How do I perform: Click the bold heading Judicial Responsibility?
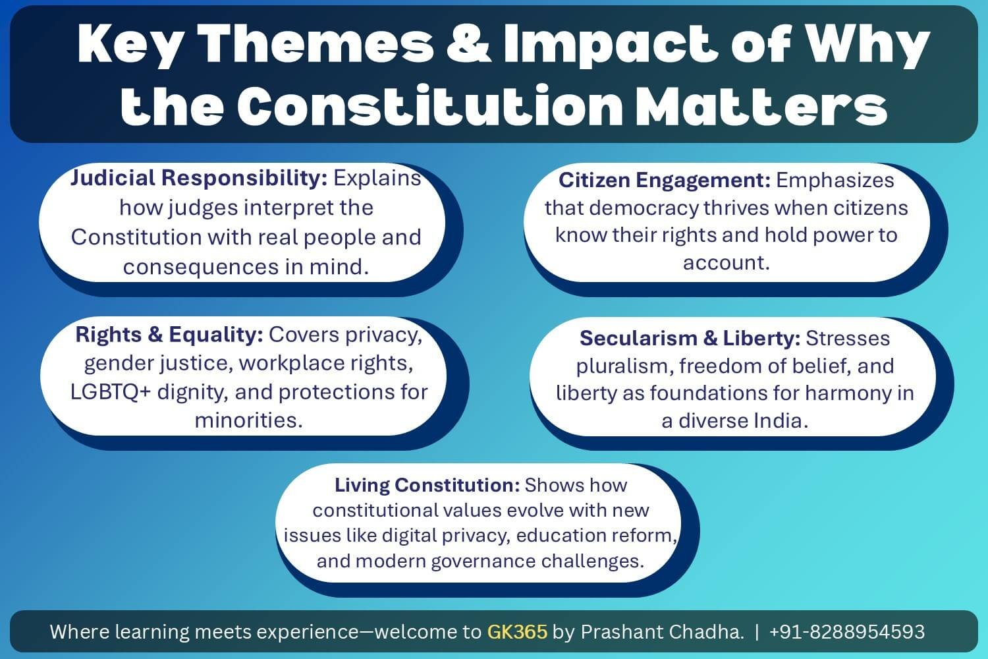[x=199, y=178]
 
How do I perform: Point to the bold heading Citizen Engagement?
[x=664, y=180]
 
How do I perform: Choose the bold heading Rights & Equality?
[x=169, y=335]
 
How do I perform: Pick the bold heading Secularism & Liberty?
[x=690, y=338]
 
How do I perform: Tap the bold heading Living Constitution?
[x=427, y=485]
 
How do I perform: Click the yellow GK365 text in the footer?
[x=517, y=632]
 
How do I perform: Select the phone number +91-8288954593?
[x=847, y=632]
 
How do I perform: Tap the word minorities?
[x=248, y=420]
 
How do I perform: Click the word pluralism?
[x=622, y=366]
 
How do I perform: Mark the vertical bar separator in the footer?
[x=756, y=632]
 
